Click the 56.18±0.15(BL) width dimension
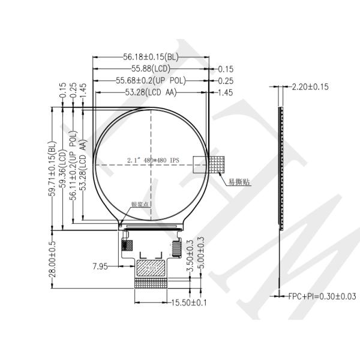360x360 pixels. click(151, 58)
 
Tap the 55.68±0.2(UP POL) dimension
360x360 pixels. click(151, 80)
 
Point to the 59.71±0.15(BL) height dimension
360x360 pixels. click(52, 170)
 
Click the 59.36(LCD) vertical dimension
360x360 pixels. click(62, 170)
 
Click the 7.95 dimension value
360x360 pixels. click(100, 266)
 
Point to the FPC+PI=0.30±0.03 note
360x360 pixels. click(322, 296)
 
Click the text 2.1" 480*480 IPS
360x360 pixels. click(153, 160)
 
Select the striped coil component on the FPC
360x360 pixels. click(176, 246)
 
